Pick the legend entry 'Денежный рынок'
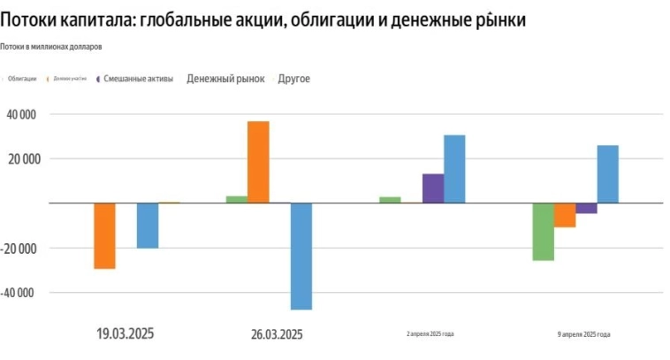click(225, 79)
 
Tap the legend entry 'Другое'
click(293, 79)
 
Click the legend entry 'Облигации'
click(22, 80)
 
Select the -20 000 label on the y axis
click(27, 249)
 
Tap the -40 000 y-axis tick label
click(27, 293)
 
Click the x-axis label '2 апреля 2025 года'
click(430, 333)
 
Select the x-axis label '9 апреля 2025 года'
click(583, 333)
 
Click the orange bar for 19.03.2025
click(104, 235)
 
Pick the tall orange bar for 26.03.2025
click(258, 162)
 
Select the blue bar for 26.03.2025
click(301, 256)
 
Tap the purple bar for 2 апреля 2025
click(433, 188)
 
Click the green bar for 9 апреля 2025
click(544, 232)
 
